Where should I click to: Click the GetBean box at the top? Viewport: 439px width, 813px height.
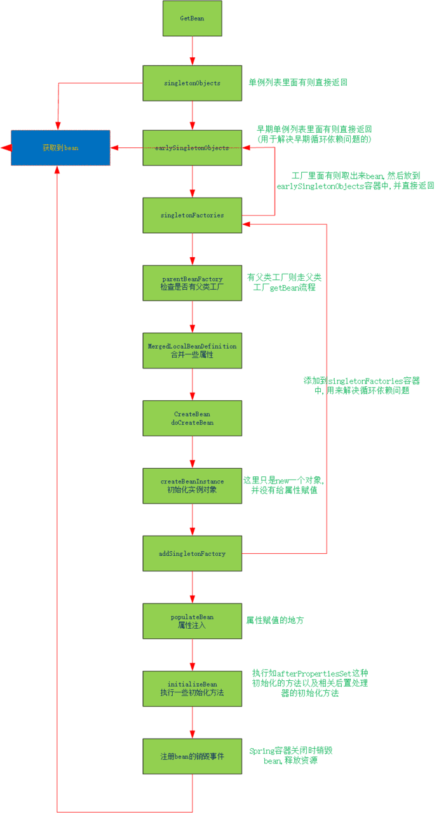point(192,18)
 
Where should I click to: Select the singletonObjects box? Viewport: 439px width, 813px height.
point(192,83)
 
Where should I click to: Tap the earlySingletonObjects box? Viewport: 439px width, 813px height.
point(192,148)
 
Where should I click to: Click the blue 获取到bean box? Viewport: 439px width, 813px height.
point(60,148)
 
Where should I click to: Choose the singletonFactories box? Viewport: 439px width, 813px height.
point(192,215)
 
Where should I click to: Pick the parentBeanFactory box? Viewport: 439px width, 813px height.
point(192,283)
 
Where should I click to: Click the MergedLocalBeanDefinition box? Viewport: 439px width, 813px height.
point(192,350)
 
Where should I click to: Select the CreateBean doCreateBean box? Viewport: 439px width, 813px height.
point(192,418)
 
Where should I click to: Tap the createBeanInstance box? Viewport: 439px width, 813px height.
point(192,486)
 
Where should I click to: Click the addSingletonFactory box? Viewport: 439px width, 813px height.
point(192,553)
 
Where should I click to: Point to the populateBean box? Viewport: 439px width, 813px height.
point(192,621)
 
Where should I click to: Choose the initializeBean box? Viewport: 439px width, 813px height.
point(192,688)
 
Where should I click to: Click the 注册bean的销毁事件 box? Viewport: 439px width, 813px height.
point(192,756)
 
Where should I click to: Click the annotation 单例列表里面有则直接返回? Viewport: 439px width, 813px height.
point(298,83)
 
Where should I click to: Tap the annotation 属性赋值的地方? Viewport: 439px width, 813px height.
point(275,620)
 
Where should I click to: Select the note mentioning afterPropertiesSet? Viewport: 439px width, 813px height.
point(310,683)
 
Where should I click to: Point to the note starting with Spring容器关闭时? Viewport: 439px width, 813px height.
point(290,755)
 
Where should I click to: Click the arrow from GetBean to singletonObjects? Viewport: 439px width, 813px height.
point(192,51)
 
